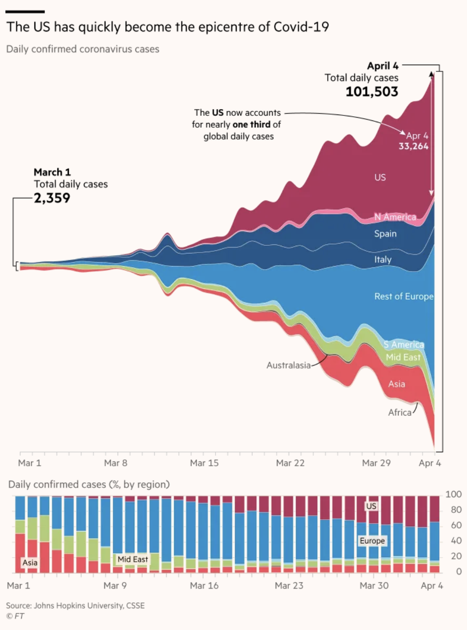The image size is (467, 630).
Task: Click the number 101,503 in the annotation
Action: (x=372, y=92)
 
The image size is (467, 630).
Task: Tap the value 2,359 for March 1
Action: (x=52, y=198)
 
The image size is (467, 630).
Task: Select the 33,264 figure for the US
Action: (x=413, y=146)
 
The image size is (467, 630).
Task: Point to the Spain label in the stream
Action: (x=385, y=234)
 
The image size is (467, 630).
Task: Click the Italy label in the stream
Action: (x=382, y=260)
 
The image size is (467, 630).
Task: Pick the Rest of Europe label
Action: (x=404, y=296)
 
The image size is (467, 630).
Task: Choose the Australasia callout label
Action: (x=288, y=365)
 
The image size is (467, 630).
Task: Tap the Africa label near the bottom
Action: (x=400, y=412)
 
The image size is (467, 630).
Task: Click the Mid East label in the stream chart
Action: (x=403, y=357)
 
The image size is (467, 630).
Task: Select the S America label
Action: (x=404, y=345)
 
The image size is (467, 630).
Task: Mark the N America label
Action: (x=395, y=217)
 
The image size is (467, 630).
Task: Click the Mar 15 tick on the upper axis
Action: (x=204, y=463)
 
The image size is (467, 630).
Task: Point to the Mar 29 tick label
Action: (x=376, y=463)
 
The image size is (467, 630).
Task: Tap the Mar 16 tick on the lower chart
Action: (x=204, y=586)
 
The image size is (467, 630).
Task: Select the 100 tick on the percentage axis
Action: (x=453, y=494)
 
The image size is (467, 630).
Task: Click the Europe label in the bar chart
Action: (x=372, y=541)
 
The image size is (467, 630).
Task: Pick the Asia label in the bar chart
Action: (x=30, y=563)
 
